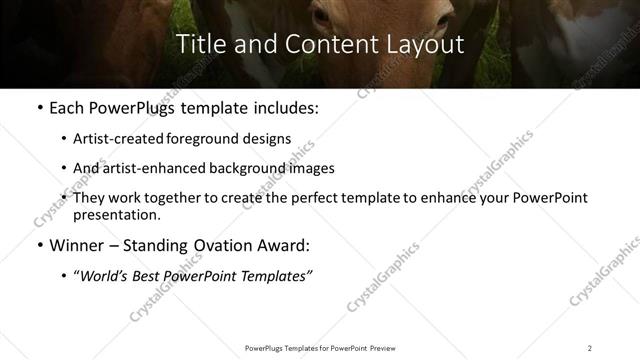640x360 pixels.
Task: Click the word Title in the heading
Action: click(x=198, y=44)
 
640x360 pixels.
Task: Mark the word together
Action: click(x=178, y=198)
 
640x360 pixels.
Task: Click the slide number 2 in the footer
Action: click(x=589, y=347)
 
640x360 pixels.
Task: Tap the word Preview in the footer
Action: click(x=386, y=347)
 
